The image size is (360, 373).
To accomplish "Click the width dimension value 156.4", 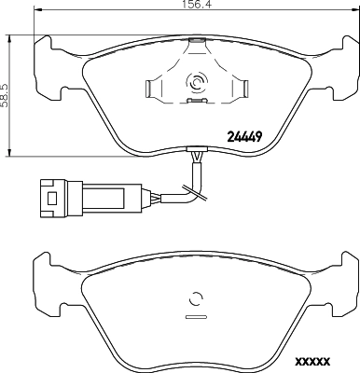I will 194,5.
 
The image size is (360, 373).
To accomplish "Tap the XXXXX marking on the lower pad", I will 312,362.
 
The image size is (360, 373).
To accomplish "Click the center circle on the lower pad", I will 195,298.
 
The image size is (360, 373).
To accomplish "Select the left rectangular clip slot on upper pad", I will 152,88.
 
